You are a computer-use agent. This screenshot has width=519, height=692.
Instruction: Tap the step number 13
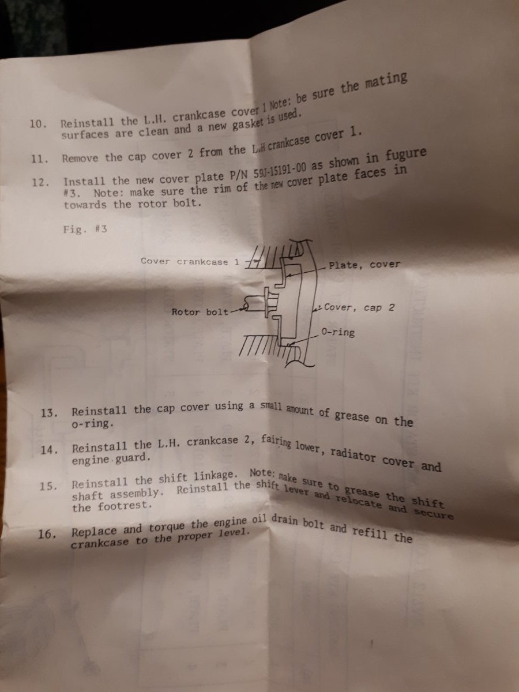pyautogui.click(x=49, y=413)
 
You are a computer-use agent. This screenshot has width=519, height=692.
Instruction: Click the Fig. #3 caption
pyautogui.click(x=85, y=229)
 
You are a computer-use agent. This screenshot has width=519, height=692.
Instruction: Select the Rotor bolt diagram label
pyautogui.click(x=200, y=312)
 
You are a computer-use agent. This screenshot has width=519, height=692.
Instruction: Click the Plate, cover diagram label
pyautogui.click(x=364, y=265)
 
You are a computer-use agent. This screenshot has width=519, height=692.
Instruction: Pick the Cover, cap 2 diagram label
pyautogui.click(x=359, y=307)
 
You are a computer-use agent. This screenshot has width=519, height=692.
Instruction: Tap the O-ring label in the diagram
pyautogui.click(x=338, y=332)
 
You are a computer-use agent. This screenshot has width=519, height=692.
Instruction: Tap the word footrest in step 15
pyautogui.click(x=125, y=506)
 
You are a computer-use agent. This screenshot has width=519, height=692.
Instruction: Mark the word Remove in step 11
pyautogui.click(x=80, y=158)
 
